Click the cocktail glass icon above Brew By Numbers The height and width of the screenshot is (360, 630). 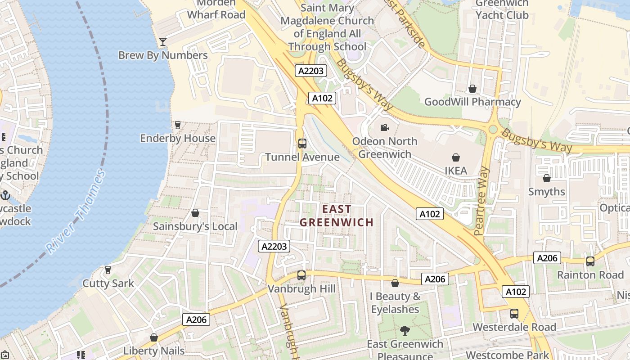[x=163, y=42]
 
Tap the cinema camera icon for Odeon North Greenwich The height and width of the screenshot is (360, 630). [x=384, y=128]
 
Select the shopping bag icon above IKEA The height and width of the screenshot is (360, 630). [x=456, y=157]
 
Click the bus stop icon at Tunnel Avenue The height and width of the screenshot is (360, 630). [x=302, y=144]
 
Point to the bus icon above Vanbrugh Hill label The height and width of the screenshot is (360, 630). [x=301, y=275]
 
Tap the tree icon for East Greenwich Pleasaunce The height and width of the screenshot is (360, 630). [x=405, y=331]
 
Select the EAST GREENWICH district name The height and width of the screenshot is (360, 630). [x=337, y=216]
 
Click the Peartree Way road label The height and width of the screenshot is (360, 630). [x=481, y=201]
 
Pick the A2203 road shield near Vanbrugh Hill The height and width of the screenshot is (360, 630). [x=274, y=246]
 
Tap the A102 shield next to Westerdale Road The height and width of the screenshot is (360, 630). [x=516, y=292]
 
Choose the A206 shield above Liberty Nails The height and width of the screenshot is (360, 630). [x=196, y=319]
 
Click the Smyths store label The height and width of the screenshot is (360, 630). [x=547, y=192]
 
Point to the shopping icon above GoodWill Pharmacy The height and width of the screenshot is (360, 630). [x=472, y=89]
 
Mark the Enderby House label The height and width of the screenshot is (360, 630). [x=178, y=138]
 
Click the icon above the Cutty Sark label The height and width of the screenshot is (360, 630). [x=108, y=270]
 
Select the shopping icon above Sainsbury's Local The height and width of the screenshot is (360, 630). [x=195, y=213]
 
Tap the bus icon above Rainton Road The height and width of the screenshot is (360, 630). [x=590, y=261]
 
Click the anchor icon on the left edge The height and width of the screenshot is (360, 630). [x=5, y=195]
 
